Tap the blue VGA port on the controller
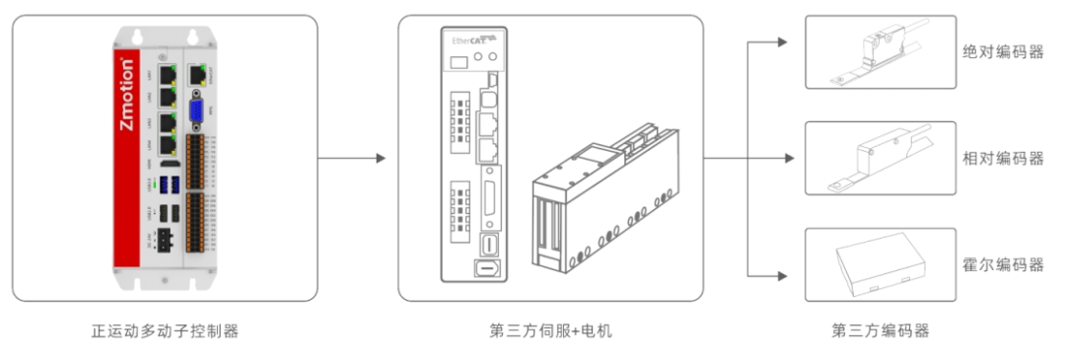(195, 111)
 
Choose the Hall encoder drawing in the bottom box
(880, 265)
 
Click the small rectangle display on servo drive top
(459, 63)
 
